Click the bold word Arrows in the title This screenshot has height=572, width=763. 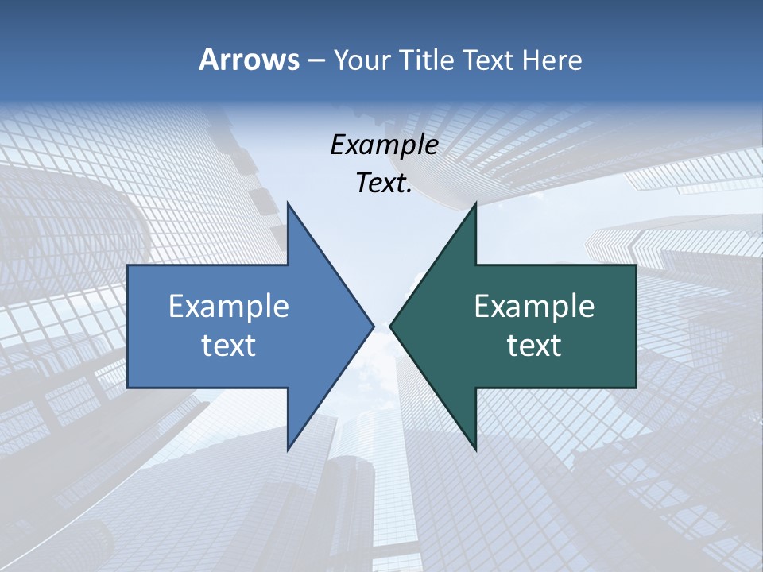249,60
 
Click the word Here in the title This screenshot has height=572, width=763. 552,60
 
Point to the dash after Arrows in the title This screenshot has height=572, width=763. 316,60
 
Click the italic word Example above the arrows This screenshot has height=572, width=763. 384,145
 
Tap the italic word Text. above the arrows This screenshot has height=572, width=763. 384,184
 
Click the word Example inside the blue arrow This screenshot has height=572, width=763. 229,307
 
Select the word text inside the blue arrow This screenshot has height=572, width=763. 229,346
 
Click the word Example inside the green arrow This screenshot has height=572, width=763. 534,307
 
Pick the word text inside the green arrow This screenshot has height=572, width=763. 534,346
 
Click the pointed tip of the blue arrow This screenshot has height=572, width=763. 373,326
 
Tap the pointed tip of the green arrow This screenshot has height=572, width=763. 390,326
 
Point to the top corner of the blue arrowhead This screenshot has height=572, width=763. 288,203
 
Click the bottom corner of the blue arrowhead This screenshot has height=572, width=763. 288,450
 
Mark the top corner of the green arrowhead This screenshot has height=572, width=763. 475,203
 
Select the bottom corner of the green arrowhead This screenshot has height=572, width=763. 475,450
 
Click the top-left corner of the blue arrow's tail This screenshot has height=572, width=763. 128,265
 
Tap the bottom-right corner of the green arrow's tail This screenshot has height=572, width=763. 636,388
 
